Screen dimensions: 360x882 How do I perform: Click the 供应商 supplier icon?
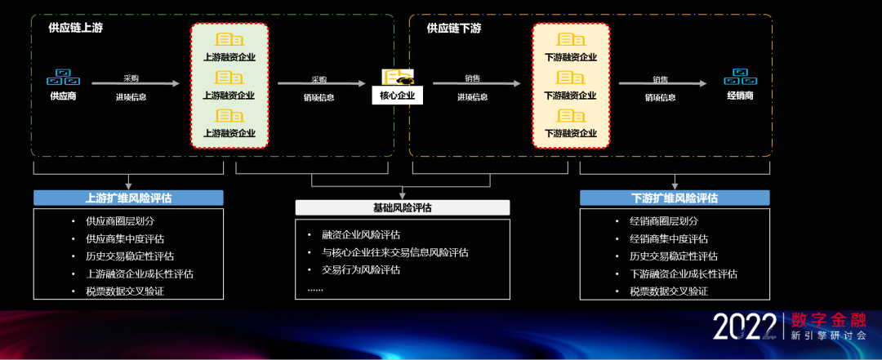pyautogui.click(x=63, y=78)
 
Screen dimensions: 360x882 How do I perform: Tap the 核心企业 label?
pyautogui.click(x=398, y=96)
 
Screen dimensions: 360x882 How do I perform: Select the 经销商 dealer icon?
pyautogui.click(x=741, y=78)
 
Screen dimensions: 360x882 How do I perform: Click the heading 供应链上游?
pyautogui.click(x=76, y=29)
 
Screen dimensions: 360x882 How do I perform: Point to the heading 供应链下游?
pyautogui.click(x=454, y=29)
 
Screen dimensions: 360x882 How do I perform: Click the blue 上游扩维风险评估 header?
pyautogui.click(x=128, y=198)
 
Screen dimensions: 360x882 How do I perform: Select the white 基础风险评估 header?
pyautogui.click(x=402, y=207)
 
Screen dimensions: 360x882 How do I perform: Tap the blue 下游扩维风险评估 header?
pyautogui.click(x=675, y=198)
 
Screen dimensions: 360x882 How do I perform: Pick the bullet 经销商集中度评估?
pyautogui.click(x=668, y=239)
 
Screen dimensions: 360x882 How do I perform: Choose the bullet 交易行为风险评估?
pyautogui.click(x=361, y=269)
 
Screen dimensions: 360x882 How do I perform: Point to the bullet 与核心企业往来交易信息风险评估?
pyautogui.click(x=394, y=252)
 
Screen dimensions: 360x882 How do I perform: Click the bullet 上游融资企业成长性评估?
pyautogui.click(x=140, y=273)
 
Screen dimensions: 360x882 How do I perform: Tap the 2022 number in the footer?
pyautogui.click(x=743, y=327)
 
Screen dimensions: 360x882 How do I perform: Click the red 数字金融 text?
pyautogui.click(x=827, y=318)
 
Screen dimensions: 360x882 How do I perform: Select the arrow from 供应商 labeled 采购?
pyautogui.click(x=135, y=83)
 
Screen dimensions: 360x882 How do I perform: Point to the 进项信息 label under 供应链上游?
pyautogui.click(x=131, y=97)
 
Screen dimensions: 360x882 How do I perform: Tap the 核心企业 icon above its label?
pyautogui.click(x=398, y=78)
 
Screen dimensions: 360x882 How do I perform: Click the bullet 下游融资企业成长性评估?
pyautogui.click(x=684, y=273)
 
